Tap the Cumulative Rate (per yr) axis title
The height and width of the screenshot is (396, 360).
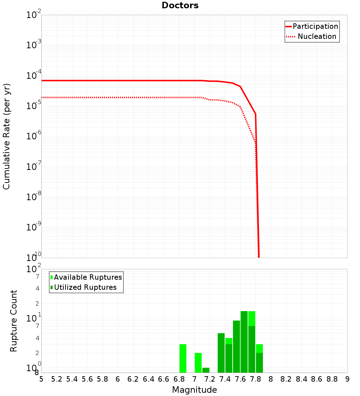(x=6, y=136)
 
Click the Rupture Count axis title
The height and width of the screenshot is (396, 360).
(x=14, y=321)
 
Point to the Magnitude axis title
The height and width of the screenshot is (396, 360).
(x=194, y=390)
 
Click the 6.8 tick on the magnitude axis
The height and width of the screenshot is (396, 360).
(x=179, y=379)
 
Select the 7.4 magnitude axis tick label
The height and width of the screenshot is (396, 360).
(x=225, y=379)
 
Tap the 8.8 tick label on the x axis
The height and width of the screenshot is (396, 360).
(x=332, y=379)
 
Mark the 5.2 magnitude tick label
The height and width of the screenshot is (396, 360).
(x=57, y=379)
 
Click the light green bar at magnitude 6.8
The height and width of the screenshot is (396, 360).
(x=183, y=359)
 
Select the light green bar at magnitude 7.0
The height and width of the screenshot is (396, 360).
(x=198, y=363)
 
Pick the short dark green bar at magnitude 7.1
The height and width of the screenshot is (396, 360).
(x=206, y=370)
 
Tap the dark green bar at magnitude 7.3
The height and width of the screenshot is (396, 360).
(x=221, y=353)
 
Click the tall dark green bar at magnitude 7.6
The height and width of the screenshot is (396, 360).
(x=244, y=342)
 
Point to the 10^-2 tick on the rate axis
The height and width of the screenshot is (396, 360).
(x=34, y=15)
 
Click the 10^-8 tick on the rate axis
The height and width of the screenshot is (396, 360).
(x=34, y=197)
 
